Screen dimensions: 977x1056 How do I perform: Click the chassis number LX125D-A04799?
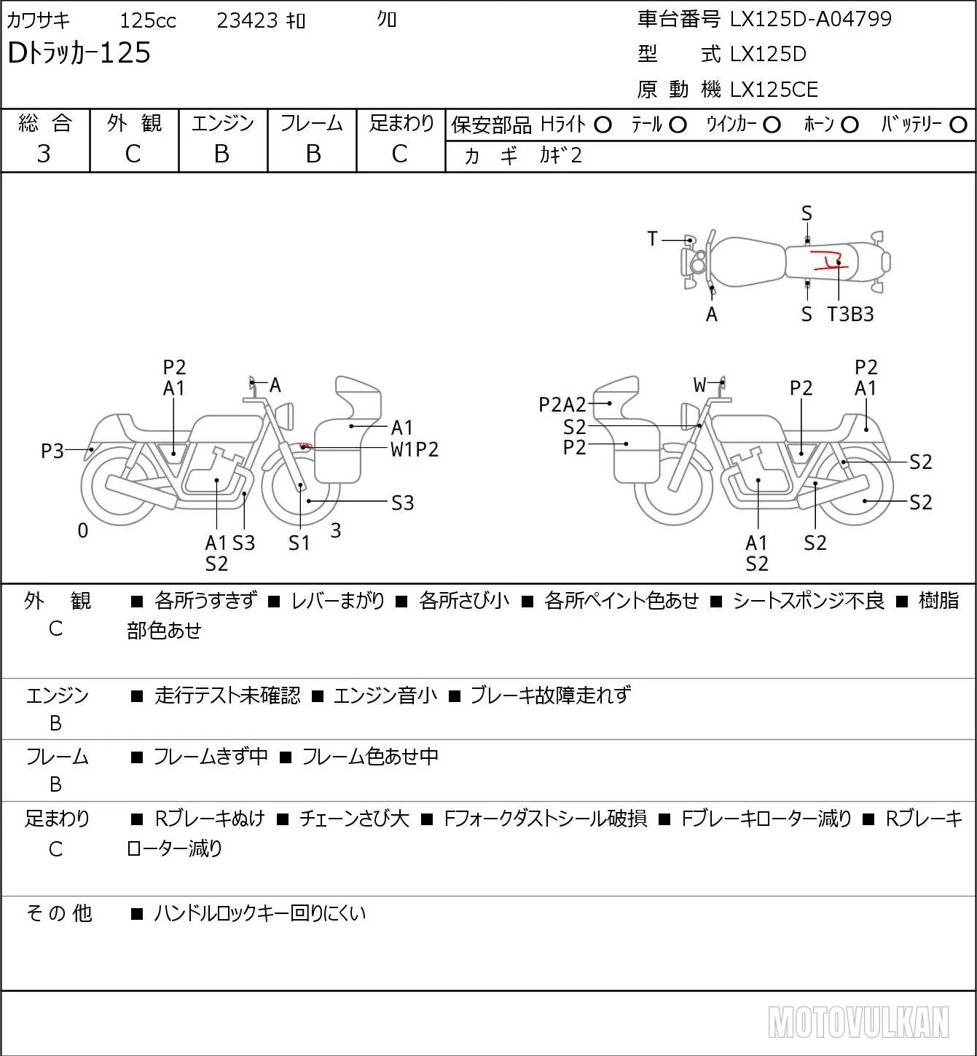click(x=810, y=19)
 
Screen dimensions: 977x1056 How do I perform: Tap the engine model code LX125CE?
click(x=774, y=90)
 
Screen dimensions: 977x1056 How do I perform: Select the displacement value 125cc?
click(x=147, y=20)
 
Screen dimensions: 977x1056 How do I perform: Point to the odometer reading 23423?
click(x=247, y=20)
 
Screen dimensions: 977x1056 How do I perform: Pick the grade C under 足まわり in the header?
click(x=400, y=154)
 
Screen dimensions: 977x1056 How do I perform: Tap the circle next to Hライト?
click(x=603, y=125)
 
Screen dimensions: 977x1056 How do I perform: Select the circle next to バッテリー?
click(x=958, y=125)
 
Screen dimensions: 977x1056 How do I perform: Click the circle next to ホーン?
click(x=850, y=125)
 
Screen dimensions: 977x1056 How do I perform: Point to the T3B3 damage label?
click(x=850, y=314)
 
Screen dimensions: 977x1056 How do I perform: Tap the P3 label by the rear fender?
click(x=52, y=451)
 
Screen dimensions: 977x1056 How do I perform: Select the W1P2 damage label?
click(x=414, y=450)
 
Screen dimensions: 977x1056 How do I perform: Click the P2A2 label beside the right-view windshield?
click(x=562, y=405)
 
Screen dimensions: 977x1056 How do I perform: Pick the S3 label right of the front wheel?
click(x=402, y=503)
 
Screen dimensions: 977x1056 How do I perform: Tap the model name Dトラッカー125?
click(x=79, y=52)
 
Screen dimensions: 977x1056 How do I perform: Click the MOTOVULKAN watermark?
click(x=858, y=1022)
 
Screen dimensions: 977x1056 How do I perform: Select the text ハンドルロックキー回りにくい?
click(x=260, y=913)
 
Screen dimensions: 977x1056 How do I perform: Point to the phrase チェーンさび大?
click(x=354, y=819)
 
